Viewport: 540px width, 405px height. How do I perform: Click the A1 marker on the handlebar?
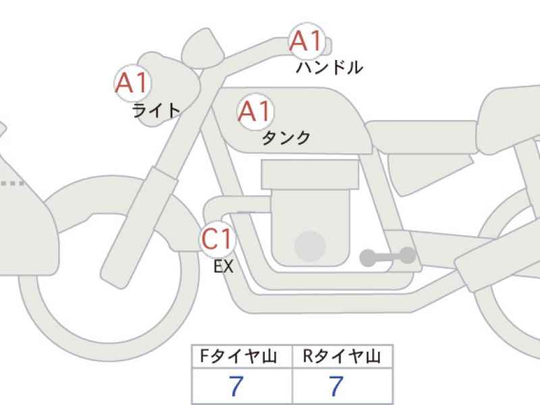(306, 41)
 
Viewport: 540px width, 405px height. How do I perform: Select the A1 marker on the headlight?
(132, 83)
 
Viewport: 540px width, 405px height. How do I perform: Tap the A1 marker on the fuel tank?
(255, 111)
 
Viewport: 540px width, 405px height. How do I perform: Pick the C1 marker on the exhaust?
(217, 239)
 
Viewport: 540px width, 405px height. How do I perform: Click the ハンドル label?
(329, 67)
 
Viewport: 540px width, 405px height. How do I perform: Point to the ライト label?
(157, 111)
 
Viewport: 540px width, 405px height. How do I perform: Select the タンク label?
(286, 138)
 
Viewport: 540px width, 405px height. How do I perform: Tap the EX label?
(223, 266)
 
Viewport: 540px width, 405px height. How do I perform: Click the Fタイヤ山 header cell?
(242, 356)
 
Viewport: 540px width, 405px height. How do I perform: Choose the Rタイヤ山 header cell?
(342, 356)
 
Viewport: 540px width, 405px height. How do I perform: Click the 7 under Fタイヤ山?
(236, 385)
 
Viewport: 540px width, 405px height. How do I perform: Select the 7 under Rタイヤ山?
(336, 385)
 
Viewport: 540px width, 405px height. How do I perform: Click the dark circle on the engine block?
(310, 246)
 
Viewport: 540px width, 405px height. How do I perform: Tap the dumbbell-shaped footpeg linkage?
(387, 257)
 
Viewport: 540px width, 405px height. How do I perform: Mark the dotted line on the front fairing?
(13, 183)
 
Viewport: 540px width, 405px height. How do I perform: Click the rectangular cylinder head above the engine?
(310, 174)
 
